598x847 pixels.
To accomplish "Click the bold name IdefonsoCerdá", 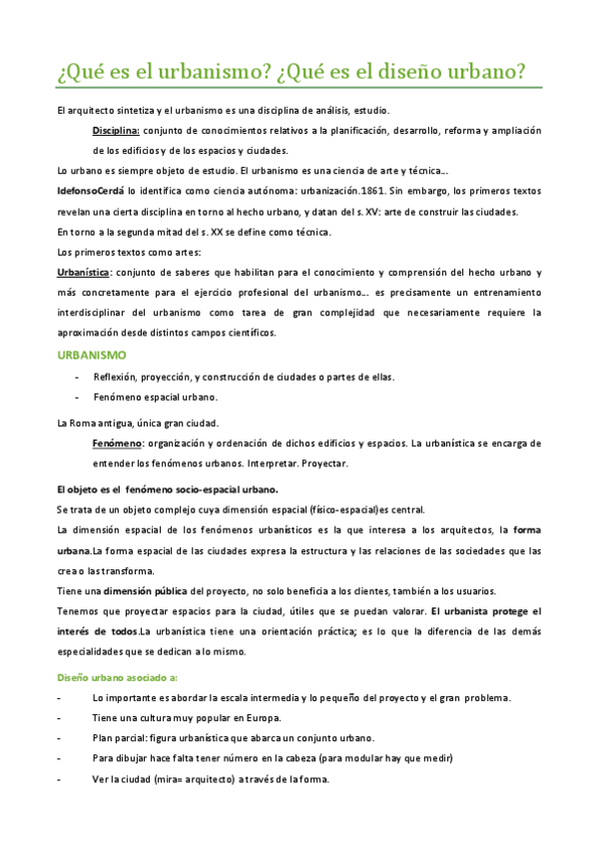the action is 91,190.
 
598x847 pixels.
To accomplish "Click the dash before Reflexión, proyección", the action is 78,377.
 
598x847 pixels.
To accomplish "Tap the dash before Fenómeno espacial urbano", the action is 78,397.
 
